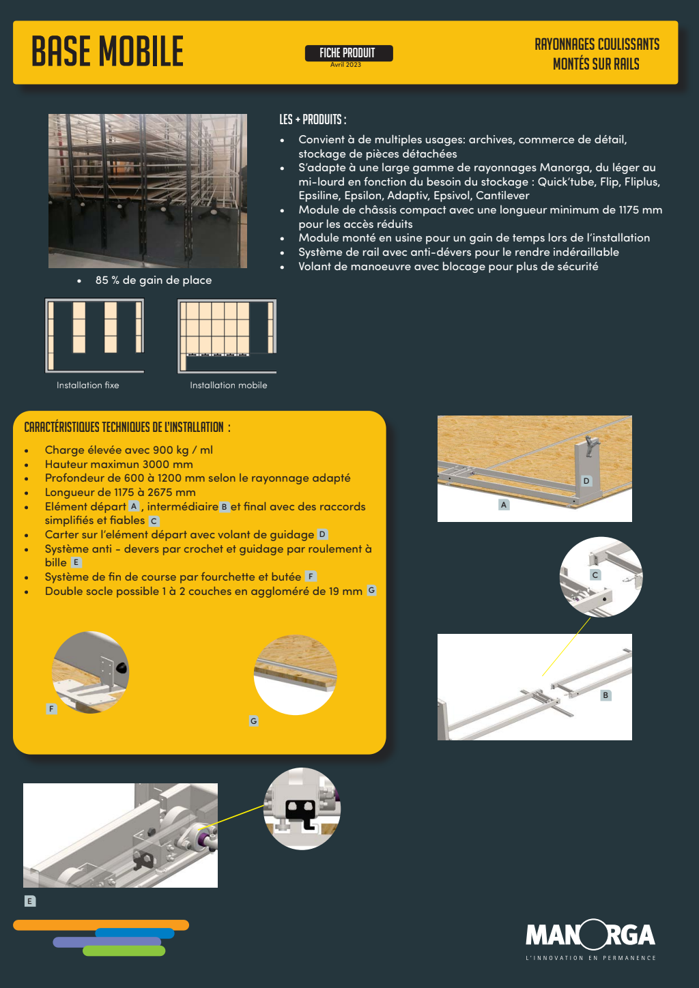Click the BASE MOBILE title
(x=107, y=51)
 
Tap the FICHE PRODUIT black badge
(x=349, y=53)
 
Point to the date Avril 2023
(x=345, y=65)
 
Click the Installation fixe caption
(x=88, y=385)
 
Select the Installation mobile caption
(x=228, y=385)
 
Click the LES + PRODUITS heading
(x=313, y=119)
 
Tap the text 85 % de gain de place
(x=154, y=280)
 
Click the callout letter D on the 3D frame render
(x=586, y=481)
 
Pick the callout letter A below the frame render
(x=504, y=505)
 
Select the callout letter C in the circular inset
(x=595, y=575)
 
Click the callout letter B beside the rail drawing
(x=605, y=695)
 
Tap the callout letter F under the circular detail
(x=51, y=709)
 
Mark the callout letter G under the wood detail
(x=253, y=721)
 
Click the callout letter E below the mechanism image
(x=29, y=901)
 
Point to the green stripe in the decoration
(x=124, y=950)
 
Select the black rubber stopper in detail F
(x=121, y=669)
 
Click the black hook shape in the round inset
(x=302, y=813)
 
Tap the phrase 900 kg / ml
(x=183, y=450)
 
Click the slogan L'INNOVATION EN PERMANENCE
(x=590, y=958)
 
